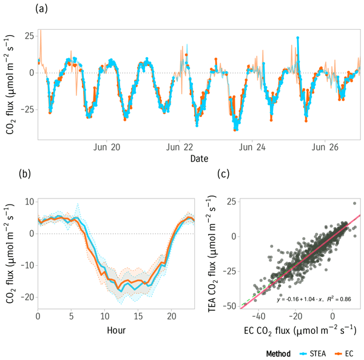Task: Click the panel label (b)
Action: [x=25, y=174]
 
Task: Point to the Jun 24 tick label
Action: [x=253, y=148]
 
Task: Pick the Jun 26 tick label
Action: [x=327, y=148]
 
